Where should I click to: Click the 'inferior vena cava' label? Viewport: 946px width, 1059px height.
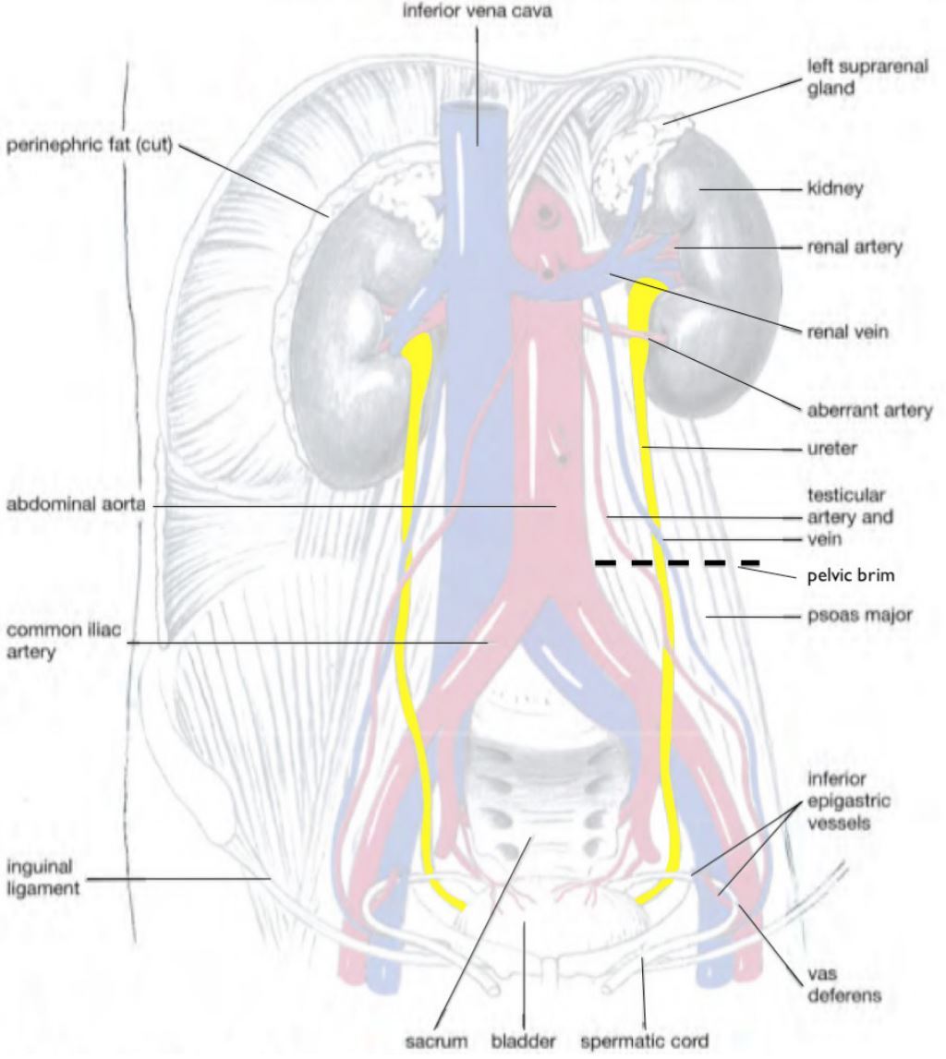click(478, 12)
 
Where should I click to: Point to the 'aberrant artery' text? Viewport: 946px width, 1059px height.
click(869, 410)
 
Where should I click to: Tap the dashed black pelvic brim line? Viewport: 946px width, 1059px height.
click(676, 561)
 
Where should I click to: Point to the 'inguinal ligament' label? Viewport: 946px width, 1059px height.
click(44, 878)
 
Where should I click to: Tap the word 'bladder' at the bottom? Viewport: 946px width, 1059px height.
click(523, 1041)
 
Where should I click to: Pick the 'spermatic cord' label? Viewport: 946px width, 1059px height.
click(644, 1041)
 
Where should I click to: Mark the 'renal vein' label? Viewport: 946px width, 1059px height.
click(847, 332)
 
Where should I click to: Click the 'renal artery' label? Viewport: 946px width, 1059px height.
click(855, 247)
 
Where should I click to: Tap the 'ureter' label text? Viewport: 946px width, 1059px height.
click(832, 450)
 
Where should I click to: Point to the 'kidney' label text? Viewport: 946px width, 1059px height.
click(835, 188)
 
